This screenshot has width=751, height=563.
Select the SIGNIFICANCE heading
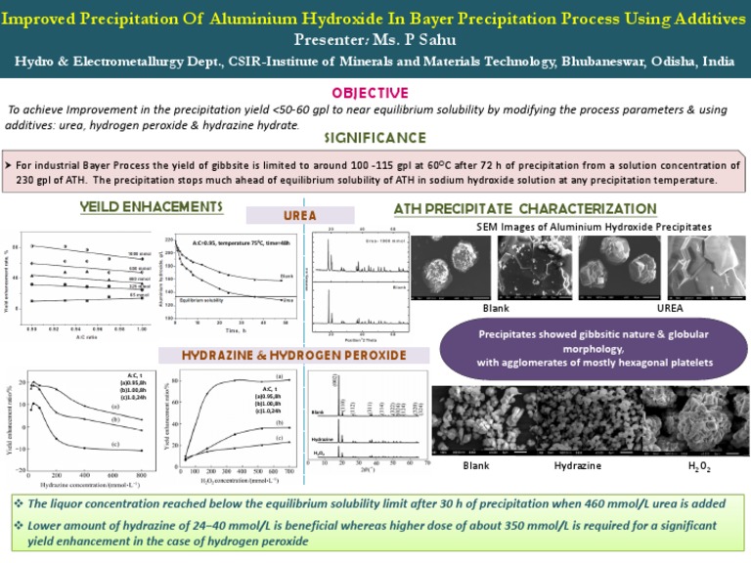(x=375, y=138)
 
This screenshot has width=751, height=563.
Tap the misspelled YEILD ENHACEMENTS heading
(x=151, y=207)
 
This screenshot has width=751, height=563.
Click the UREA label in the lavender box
(x=298, y=214)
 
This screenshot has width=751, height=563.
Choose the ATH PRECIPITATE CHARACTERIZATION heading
(x=524, y=208)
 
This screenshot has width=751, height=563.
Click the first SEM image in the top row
(x=449, y=267)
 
